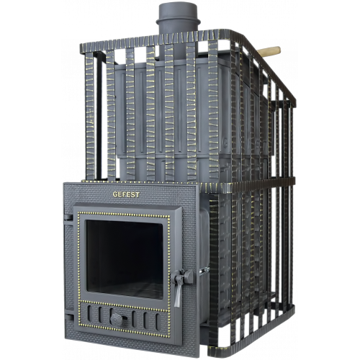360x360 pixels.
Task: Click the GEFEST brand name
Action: coord(126,194)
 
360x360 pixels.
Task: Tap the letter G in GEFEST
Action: coord(115,194)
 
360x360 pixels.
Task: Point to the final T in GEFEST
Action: coord(138,194)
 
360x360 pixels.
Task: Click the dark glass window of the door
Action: coord(125,259)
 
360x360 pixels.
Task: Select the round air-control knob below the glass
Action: coord(116,320)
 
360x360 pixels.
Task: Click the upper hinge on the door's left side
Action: coord(68,217)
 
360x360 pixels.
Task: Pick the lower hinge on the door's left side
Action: coord(68,318)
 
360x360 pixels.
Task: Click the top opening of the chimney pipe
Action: coord(178,5)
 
